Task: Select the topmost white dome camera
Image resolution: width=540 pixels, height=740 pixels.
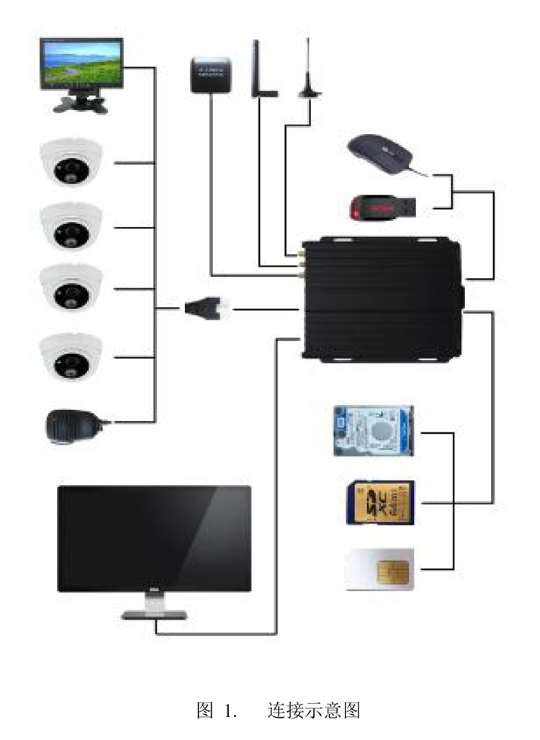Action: pos(71,164)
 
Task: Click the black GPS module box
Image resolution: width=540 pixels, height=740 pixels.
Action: pos(210,74)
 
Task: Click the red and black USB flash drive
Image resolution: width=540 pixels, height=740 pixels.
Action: pos(382,208)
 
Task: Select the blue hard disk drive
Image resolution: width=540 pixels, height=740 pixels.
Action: pos(374,431)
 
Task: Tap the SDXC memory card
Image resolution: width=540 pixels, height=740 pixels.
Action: pos(379,502)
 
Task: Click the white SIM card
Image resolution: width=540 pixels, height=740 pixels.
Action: pos(379,570)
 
